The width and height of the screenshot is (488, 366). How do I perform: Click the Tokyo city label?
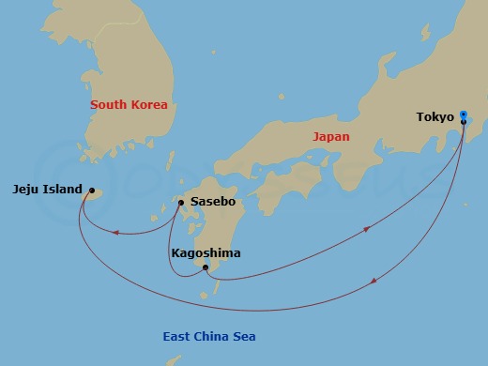435,117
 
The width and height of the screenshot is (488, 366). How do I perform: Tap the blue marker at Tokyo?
463,115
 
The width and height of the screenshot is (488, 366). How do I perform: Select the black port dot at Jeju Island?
91,191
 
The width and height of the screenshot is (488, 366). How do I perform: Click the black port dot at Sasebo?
181,203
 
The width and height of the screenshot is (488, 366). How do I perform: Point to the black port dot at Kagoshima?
206,268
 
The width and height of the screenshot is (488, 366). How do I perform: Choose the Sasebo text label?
212,202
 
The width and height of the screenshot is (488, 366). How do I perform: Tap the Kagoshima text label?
206,253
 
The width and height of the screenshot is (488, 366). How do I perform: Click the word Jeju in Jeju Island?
27,189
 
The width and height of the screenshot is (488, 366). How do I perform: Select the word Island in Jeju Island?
63,189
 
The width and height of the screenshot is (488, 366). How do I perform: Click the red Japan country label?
330,137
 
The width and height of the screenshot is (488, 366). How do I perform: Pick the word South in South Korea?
109,105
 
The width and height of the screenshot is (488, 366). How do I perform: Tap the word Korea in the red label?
149,105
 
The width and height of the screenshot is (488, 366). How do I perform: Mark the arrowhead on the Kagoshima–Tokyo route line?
366,227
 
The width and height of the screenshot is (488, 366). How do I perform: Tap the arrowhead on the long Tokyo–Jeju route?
375,281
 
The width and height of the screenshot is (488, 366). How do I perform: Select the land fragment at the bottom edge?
173,360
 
